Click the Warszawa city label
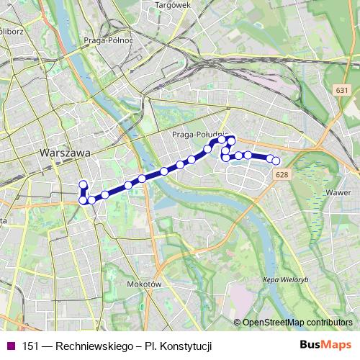pos(66,153)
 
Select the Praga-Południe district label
pos(200,134)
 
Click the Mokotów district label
pos(141,284)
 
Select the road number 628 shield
pos(282,175)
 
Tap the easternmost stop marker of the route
pos(276,161)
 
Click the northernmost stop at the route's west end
pos(83,184)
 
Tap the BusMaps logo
pos(326,345)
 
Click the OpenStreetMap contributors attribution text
pos(297,322)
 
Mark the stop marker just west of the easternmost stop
pos(269,158)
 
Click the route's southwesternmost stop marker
pos(83,200)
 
